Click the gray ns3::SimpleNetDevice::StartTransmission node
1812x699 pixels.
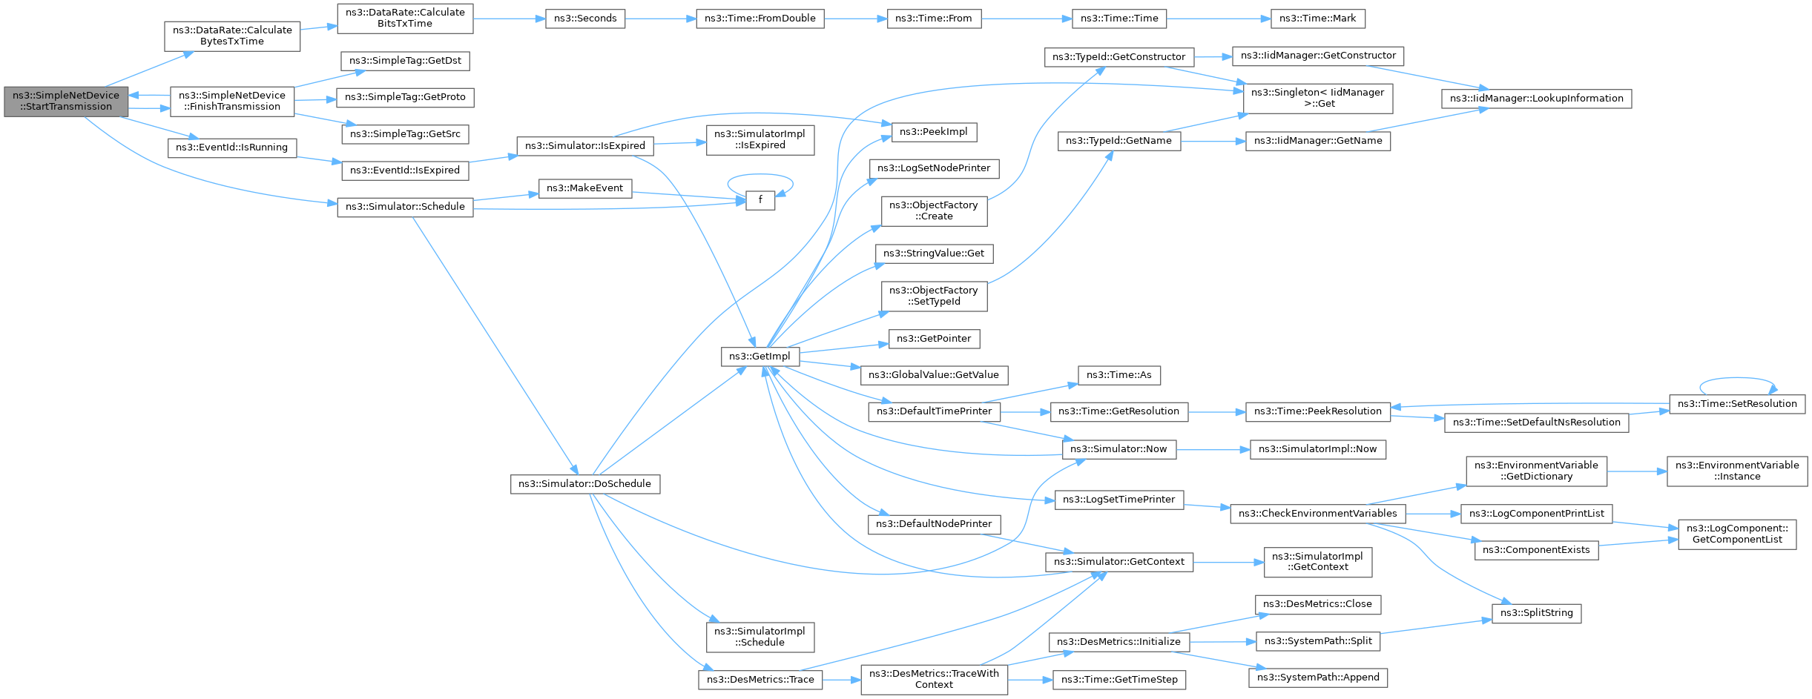pos(66,102)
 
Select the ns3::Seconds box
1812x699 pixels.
pos(585,19)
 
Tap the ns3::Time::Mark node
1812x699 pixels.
pos(1317,19)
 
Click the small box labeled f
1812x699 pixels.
pos(760,200)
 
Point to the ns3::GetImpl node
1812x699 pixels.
pos(760,357)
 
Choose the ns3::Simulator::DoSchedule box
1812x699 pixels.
pos(584,484)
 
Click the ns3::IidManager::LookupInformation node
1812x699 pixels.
pos(1536,99)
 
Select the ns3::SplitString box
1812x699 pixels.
pos(1536,613)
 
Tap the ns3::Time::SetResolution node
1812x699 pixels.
pos(1736,404)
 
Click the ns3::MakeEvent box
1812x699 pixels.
pos(584,188)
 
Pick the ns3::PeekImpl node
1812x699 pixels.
pos(933,132)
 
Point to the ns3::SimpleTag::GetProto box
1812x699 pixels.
pos(405,97)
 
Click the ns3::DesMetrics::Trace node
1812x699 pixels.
pos(760,680)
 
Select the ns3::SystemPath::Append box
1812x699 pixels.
pos(1317,678)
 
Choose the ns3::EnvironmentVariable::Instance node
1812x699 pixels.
pos(1736,471)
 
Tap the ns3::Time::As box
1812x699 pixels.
pos(1119,375)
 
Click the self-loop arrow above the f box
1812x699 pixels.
pos(760,175)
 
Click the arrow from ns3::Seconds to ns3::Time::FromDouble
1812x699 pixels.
pos(660,19)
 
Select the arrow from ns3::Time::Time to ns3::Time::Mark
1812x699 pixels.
pos(1219,19)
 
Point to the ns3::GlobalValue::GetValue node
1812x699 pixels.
pos(933,375)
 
